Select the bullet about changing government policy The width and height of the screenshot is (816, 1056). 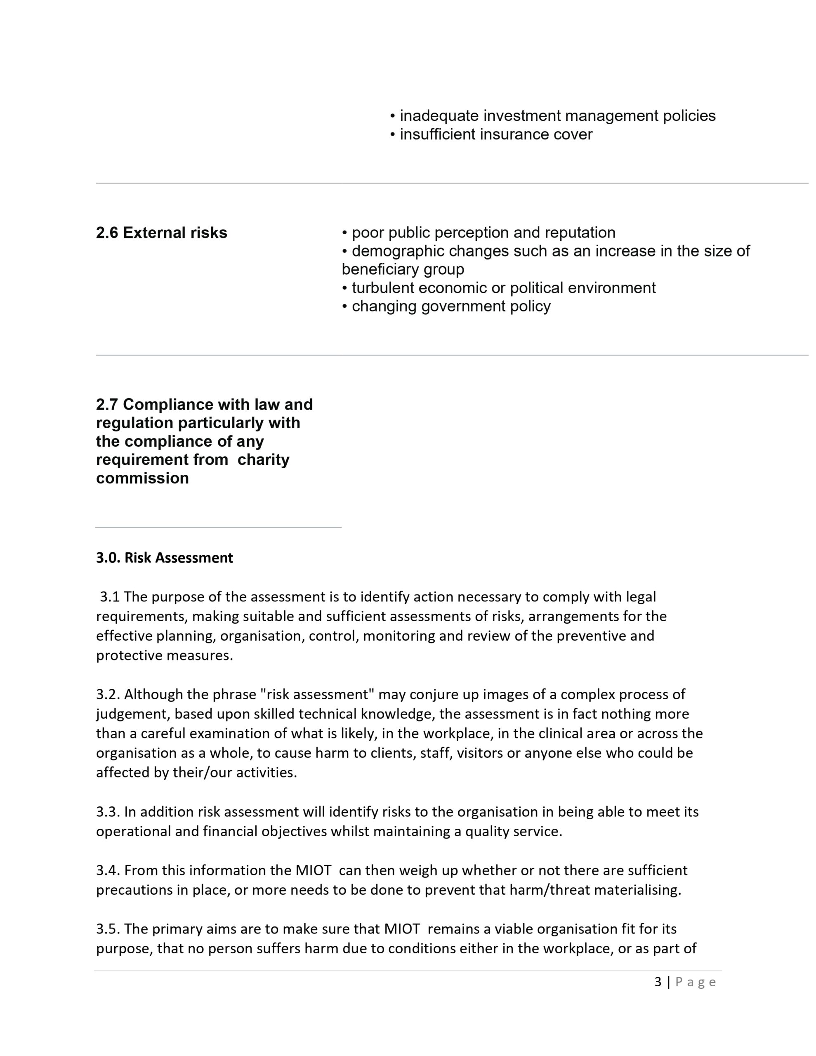(446, 306)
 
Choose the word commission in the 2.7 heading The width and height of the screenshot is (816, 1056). (142, 478)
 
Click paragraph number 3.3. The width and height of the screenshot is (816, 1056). (108, 811)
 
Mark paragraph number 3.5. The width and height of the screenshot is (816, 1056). (108, 929)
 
